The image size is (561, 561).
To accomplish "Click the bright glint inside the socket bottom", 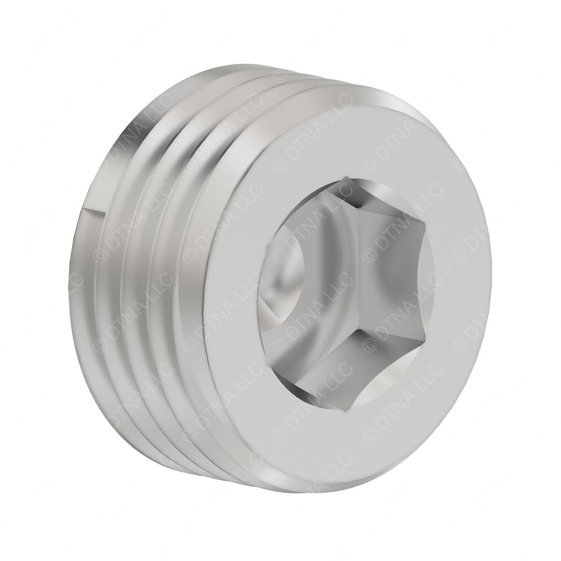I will click(272, 299).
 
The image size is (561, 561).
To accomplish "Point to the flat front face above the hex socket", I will click(351, 137).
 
